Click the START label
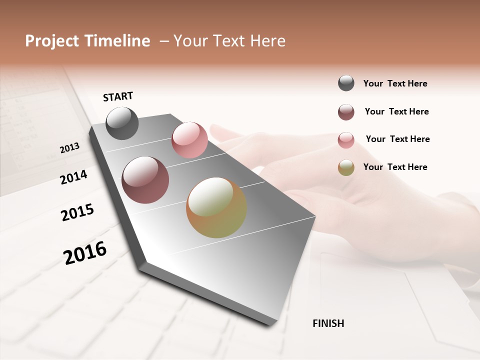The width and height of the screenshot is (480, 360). pyautogui.click(x=118, y=96)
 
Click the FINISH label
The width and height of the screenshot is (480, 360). pyautogui.click(x=328, y=323)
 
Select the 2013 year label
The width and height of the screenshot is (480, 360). pyautogui.click(x=69, y=148)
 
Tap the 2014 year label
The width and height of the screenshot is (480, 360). pyautogui.click(x=73, y=177)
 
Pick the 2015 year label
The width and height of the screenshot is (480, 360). pyautogui.click(x=77, y=212)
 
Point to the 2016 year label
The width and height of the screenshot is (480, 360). pyautogui.click(x=85, y=252)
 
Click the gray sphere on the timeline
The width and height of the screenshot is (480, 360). pyautogui.click(x=122, y=123)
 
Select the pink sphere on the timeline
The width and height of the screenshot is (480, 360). pyautogui.click(x=189, y=139)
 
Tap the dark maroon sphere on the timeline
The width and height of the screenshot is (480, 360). pyautogui.click(x=145, y=180)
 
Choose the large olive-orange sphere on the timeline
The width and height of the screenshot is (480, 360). pyautogui.click(x=216, y=207)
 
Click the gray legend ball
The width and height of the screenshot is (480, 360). pyautogui.click(x=346, y=83)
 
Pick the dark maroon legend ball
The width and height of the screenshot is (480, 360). pyautogui.click(x=346, y=112)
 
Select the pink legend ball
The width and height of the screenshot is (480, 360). pyautogui.click(x=346, y=139)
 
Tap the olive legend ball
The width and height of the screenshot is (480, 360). pyautogui.click(x=346, y=167)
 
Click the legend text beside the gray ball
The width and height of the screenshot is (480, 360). pyautogui.click(x=395, y=84)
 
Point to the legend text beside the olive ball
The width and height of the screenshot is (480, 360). pyautogui.click(x=395, y=167)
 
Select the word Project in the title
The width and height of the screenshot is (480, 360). pyautogui.click(x=52, y=41)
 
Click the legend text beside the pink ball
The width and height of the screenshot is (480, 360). pyautogui.click(x=397, y=139)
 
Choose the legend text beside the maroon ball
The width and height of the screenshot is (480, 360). pyautogui.click(x=396, y=111)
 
